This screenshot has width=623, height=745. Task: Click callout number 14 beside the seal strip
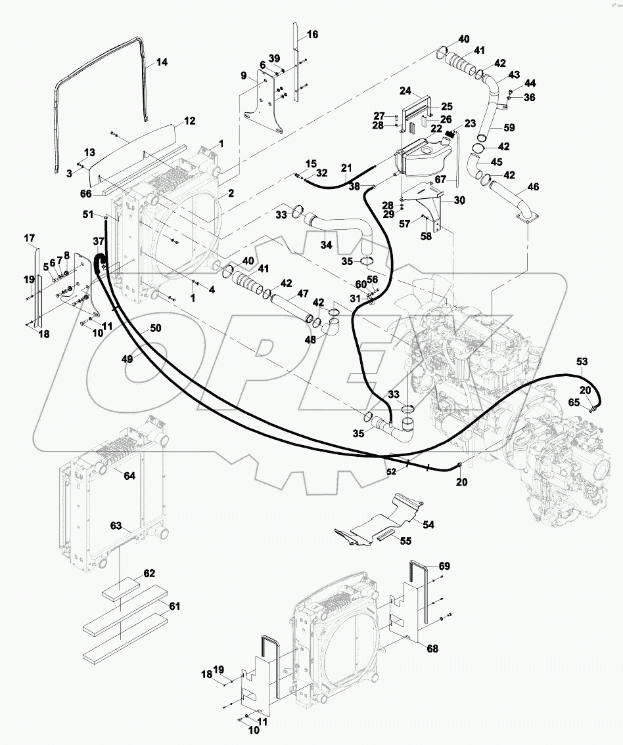tap(162, 62)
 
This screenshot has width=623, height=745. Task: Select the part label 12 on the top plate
tap(189, 121)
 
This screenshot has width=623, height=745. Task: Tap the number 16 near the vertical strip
tap(312, 34)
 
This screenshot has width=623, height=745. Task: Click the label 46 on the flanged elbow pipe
tap(533, 188)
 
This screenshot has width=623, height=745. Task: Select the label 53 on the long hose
tap(582, 362)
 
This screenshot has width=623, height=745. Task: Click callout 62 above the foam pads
tap(149, 573)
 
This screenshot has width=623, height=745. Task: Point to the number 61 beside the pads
tap(174, 606)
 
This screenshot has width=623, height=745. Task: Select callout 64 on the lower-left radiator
tap(129, 475)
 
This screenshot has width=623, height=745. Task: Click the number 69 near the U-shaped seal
tap(444, 566)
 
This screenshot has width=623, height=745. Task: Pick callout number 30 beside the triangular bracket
tap(459, 200)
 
